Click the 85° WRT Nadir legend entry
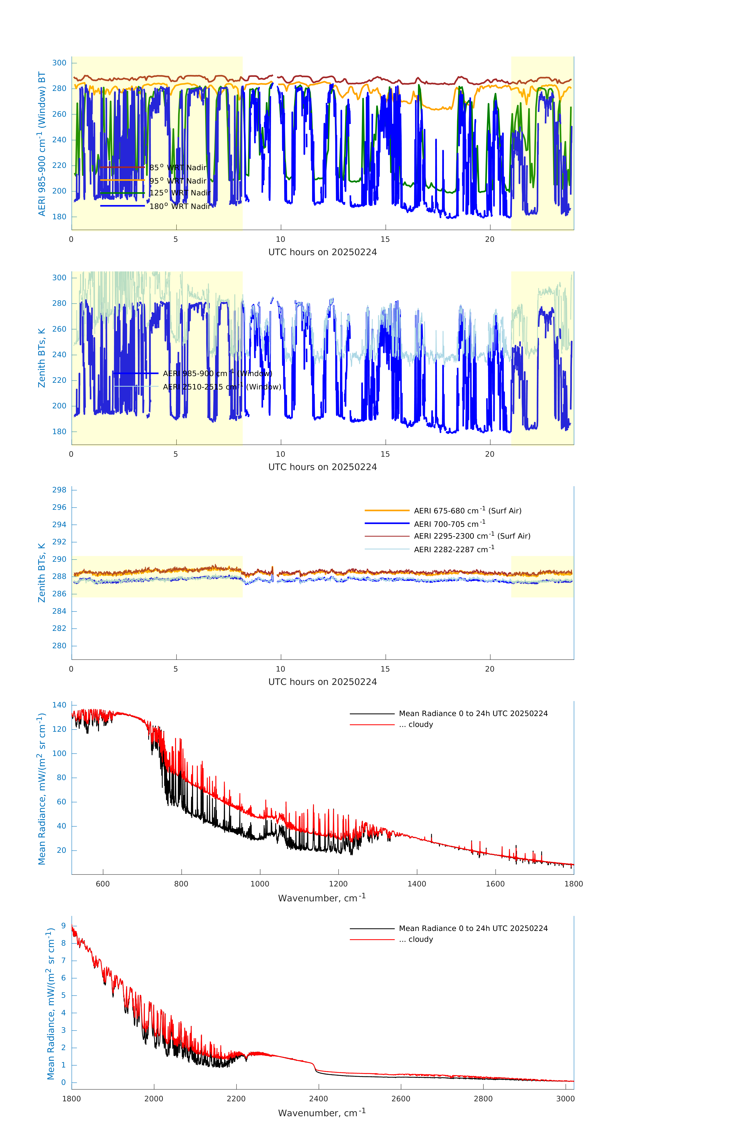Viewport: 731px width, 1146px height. point(178,168)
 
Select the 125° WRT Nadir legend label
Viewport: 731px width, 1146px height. point(180,193)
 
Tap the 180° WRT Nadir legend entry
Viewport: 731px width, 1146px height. point(180,206)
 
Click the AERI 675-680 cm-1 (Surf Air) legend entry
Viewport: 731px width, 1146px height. point(467,511)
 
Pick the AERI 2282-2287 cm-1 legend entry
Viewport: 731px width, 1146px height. point(454,549)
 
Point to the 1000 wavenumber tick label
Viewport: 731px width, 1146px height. point(260,884)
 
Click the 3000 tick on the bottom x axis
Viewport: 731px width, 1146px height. point(565,1098)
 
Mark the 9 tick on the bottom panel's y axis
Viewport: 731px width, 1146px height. point(63,926)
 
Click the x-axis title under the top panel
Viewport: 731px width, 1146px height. point(322,252)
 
